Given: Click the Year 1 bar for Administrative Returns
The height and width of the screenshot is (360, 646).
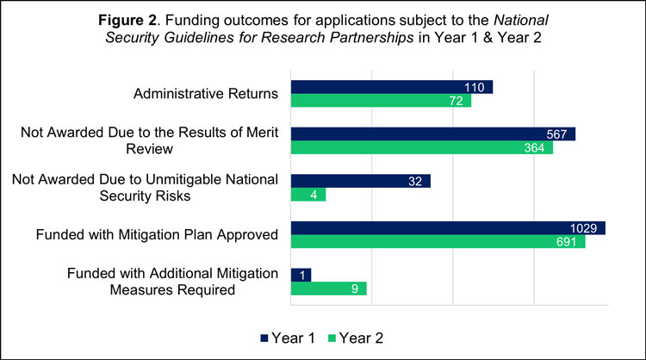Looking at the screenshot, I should tap(392, 87).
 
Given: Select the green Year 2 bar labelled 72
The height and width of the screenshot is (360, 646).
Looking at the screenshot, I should tap(382, 101).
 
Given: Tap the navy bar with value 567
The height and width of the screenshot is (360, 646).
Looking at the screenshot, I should tap(433, 133).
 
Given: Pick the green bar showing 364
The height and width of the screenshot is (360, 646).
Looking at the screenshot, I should tap(422, 147).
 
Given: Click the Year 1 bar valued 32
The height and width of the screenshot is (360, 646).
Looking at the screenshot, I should tap(361, 181).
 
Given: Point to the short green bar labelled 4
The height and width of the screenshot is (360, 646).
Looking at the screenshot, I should tap(308, 195).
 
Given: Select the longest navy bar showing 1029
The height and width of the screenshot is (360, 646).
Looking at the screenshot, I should tap(448, 227).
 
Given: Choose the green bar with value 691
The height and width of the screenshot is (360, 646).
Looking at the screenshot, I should tap(438, 241).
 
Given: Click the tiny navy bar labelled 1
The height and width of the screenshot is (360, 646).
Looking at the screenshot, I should tap(301, 275).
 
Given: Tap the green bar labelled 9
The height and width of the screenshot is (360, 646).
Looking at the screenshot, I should tap(329, 289).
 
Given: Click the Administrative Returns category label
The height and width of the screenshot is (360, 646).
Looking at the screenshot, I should tap(205, 94).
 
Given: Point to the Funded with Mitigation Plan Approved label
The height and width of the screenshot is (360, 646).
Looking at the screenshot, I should tap(157, 234).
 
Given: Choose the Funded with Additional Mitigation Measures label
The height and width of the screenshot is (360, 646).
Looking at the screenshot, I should tap(172, 282).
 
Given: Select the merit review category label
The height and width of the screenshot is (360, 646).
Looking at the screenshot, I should tap(152, 140).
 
